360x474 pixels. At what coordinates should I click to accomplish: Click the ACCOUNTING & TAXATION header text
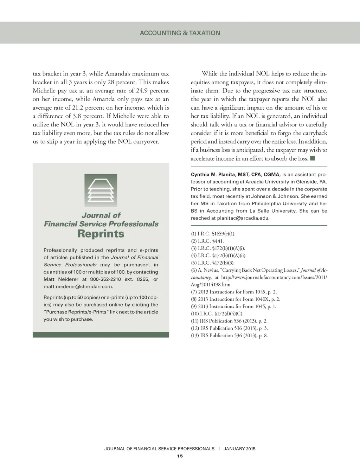pos(180,33)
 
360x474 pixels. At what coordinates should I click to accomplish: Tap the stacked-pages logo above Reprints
pos(101,190)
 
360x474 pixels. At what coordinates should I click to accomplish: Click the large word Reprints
pos(101,234)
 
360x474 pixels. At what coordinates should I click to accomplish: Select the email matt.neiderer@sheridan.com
pos(78,286)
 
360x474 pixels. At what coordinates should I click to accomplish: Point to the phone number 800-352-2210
pos(105,279)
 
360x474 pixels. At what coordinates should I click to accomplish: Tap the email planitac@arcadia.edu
pos(243,218)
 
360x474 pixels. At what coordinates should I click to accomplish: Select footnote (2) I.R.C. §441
pos(207,241)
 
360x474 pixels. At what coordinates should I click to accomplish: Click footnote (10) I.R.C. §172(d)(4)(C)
pos(217,313)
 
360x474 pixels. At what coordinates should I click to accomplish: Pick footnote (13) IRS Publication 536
pos(229,335)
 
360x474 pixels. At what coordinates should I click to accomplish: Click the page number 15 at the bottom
pos(180,456)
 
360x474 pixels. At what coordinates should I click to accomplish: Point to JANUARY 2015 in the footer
pos(239,449)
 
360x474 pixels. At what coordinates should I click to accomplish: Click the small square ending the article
pos(313,158)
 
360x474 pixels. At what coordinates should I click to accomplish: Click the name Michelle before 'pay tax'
pos(44,91)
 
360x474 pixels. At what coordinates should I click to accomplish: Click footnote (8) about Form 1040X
pos(236,299)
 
